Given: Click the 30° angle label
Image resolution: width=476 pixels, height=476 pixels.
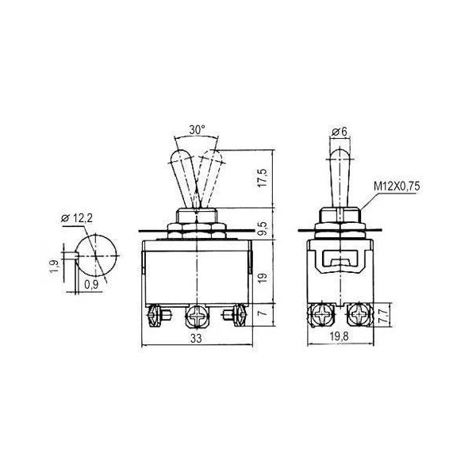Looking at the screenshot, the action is [197, 130].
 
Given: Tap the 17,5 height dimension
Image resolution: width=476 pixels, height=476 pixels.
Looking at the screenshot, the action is [263, 178].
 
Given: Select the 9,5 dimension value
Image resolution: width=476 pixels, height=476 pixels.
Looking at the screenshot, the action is [263, 228].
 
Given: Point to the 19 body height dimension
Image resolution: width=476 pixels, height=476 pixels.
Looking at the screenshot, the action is [263, 277].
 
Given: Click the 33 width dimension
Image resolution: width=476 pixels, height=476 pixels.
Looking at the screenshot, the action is [196, 338].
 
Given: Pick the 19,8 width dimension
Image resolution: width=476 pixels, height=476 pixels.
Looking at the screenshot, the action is [340, 336].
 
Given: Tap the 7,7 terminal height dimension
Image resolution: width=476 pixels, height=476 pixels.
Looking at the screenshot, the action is [383, 316].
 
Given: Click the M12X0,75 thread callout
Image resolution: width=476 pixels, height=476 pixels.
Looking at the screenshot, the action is [397, 186].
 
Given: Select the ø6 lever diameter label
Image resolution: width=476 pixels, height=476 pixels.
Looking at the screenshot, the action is [340, 132].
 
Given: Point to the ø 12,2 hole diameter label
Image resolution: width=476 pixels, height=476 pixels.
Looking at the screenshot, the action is [77, 218].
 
